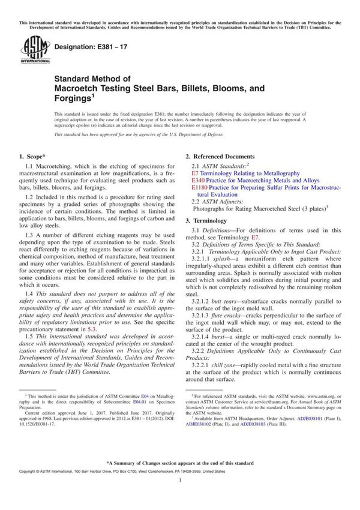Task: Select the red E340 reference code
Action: (x=198, y=181)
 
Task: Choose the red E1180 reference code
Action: (x=200, y=188)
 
